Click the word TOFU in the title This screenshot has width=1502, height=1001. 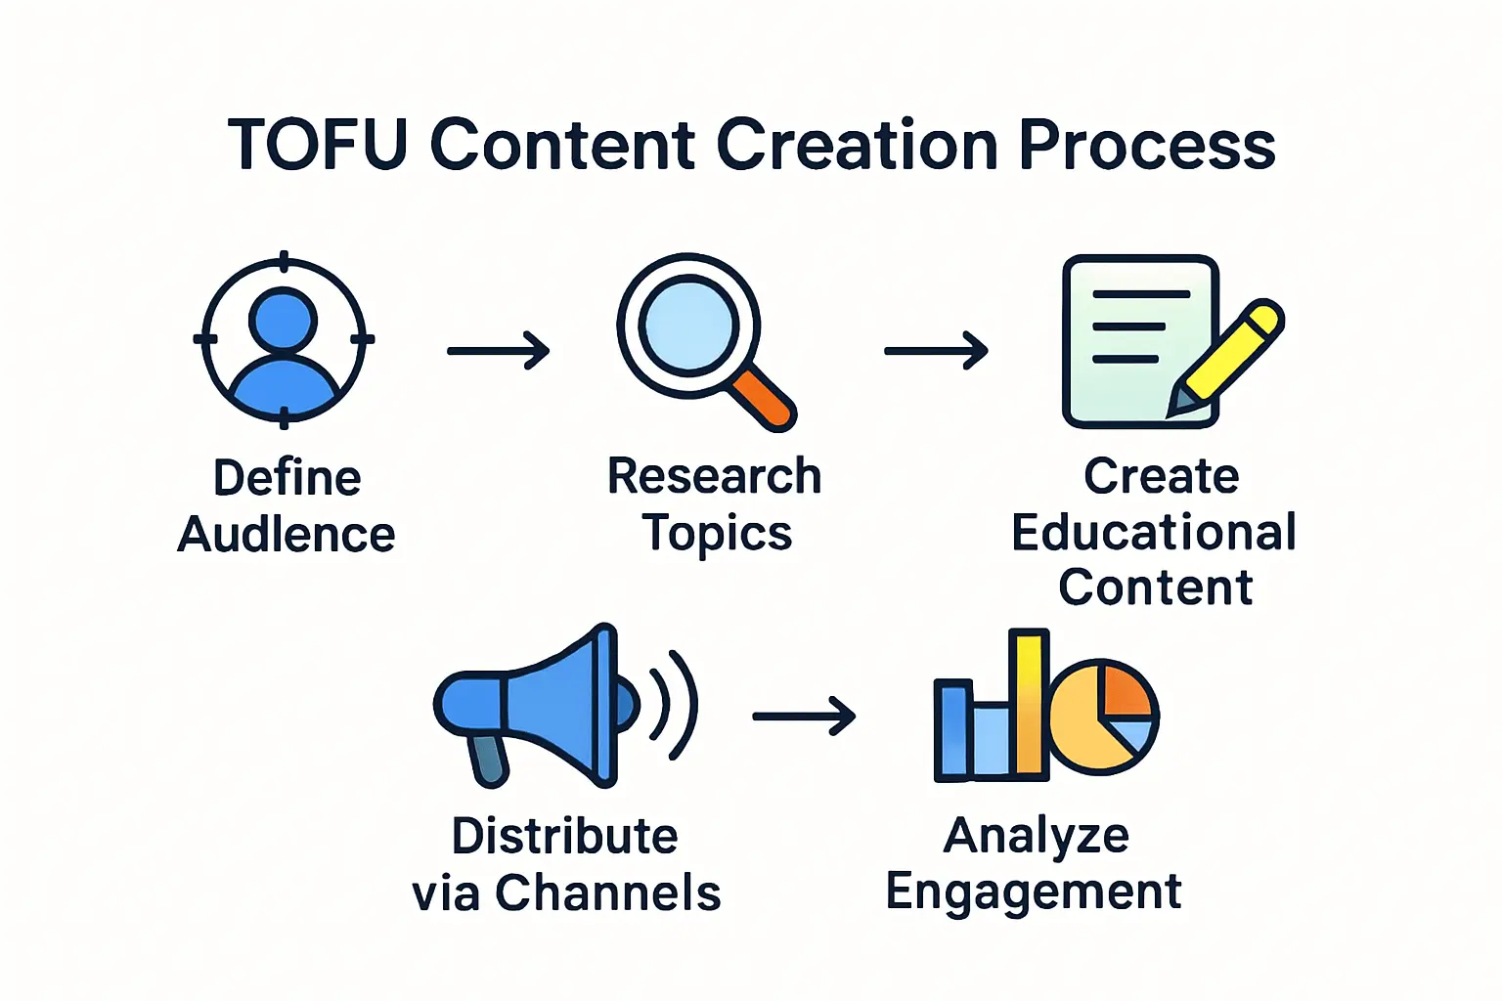(x=317, y=145)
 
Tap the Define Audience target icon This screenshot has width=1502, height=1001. (x=284, y=340)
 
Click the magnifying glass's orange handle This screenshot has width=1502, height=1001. (x=764, y=398)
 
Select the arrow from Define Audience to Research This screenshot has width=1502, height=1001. (x=498, y=350)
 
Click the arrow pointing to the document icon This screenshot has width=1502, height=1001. (x=936, y=350)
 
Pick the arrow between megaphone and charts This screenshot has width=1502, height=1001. (x=803, y=716)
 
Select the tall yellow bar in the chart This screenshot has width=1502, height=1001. (x=1029, y=704)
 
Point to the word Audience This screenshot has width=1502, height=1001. (x=287, y=535)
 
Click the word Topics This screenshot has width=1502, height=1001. (x=717, y=534)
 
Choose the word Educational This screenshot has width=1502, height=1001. (x=1154, y=533)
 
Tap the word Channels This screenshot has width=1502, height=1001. (x=607, y=892)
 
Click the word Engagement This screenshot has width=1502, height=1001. (x=1034, y=892)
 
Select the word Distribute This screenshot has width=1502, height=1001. (x=564, y=837)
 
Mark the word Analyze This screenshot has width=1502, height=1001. (x=1037, y=837)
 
